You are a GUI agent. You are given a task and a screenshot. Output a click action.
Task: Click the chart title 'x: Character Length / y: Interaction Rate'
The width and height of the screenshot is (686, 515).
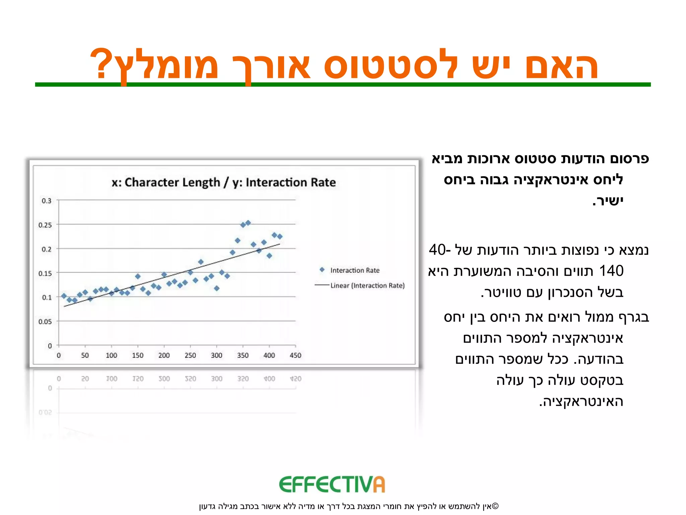point(223,182)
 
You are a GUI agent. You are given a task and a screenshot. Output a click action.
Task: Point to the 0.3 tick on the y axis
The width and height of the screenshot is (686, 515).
point(46,201)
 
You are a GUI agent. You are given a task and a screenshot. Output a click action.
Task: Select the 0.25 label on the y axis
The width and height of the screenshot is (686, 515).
point(45,225)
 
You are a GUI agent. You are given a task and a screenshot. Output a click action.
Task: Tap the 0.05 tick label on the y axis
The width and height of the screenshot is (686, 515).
point(45,322)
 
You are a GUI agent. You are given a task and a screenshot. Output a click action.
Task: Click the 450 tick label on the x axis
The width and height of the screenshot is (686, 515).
point(295,355)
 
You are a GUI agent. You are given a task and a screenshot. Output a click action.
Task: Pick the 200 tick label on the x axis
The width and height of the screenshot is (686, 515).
point(164,355)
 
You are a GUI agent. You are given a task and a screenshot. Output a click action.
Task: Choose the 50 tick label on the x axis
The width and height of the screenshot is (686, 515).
point(85,355)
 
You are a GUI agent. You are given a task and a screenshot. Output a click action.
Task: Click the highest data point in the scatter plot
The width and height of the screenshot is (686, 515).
point(248,223)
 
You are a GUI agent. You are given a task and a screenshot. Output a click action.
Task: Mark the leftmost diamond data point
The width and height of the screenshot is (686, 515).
point(64,296)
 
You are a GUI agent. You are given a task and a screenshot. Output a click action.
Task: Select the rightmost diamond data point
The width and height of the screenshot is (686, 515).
point(280,237)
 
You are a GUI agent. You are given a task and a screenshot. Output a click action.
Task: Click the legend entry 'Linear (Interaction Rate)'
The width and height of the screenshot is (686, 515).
point(367,286)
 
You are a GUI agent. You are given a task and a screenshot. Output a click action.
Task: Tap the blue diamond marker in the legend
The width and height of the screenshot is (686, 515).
point(322,270)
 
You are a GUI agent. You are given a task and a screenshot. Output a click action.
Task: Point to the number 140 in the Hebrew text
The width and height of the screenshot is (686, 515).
point(611,271)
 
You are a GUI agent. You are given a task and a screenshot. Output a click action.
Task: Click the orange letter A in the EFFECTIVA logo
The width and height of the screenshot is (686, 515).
point(379,485)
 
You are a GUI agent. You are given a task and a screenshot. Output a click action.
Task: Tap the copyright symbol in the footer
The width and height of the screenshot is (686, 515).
point(495,506)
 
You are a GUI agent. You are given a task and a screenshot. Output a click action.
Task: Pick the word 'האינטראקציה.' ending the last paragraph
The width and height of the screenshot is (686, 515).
point(581,402)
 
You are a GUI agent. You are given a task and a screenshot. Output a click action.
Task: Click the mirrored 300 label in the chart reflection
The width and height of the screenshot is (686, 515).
point(216,379)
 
